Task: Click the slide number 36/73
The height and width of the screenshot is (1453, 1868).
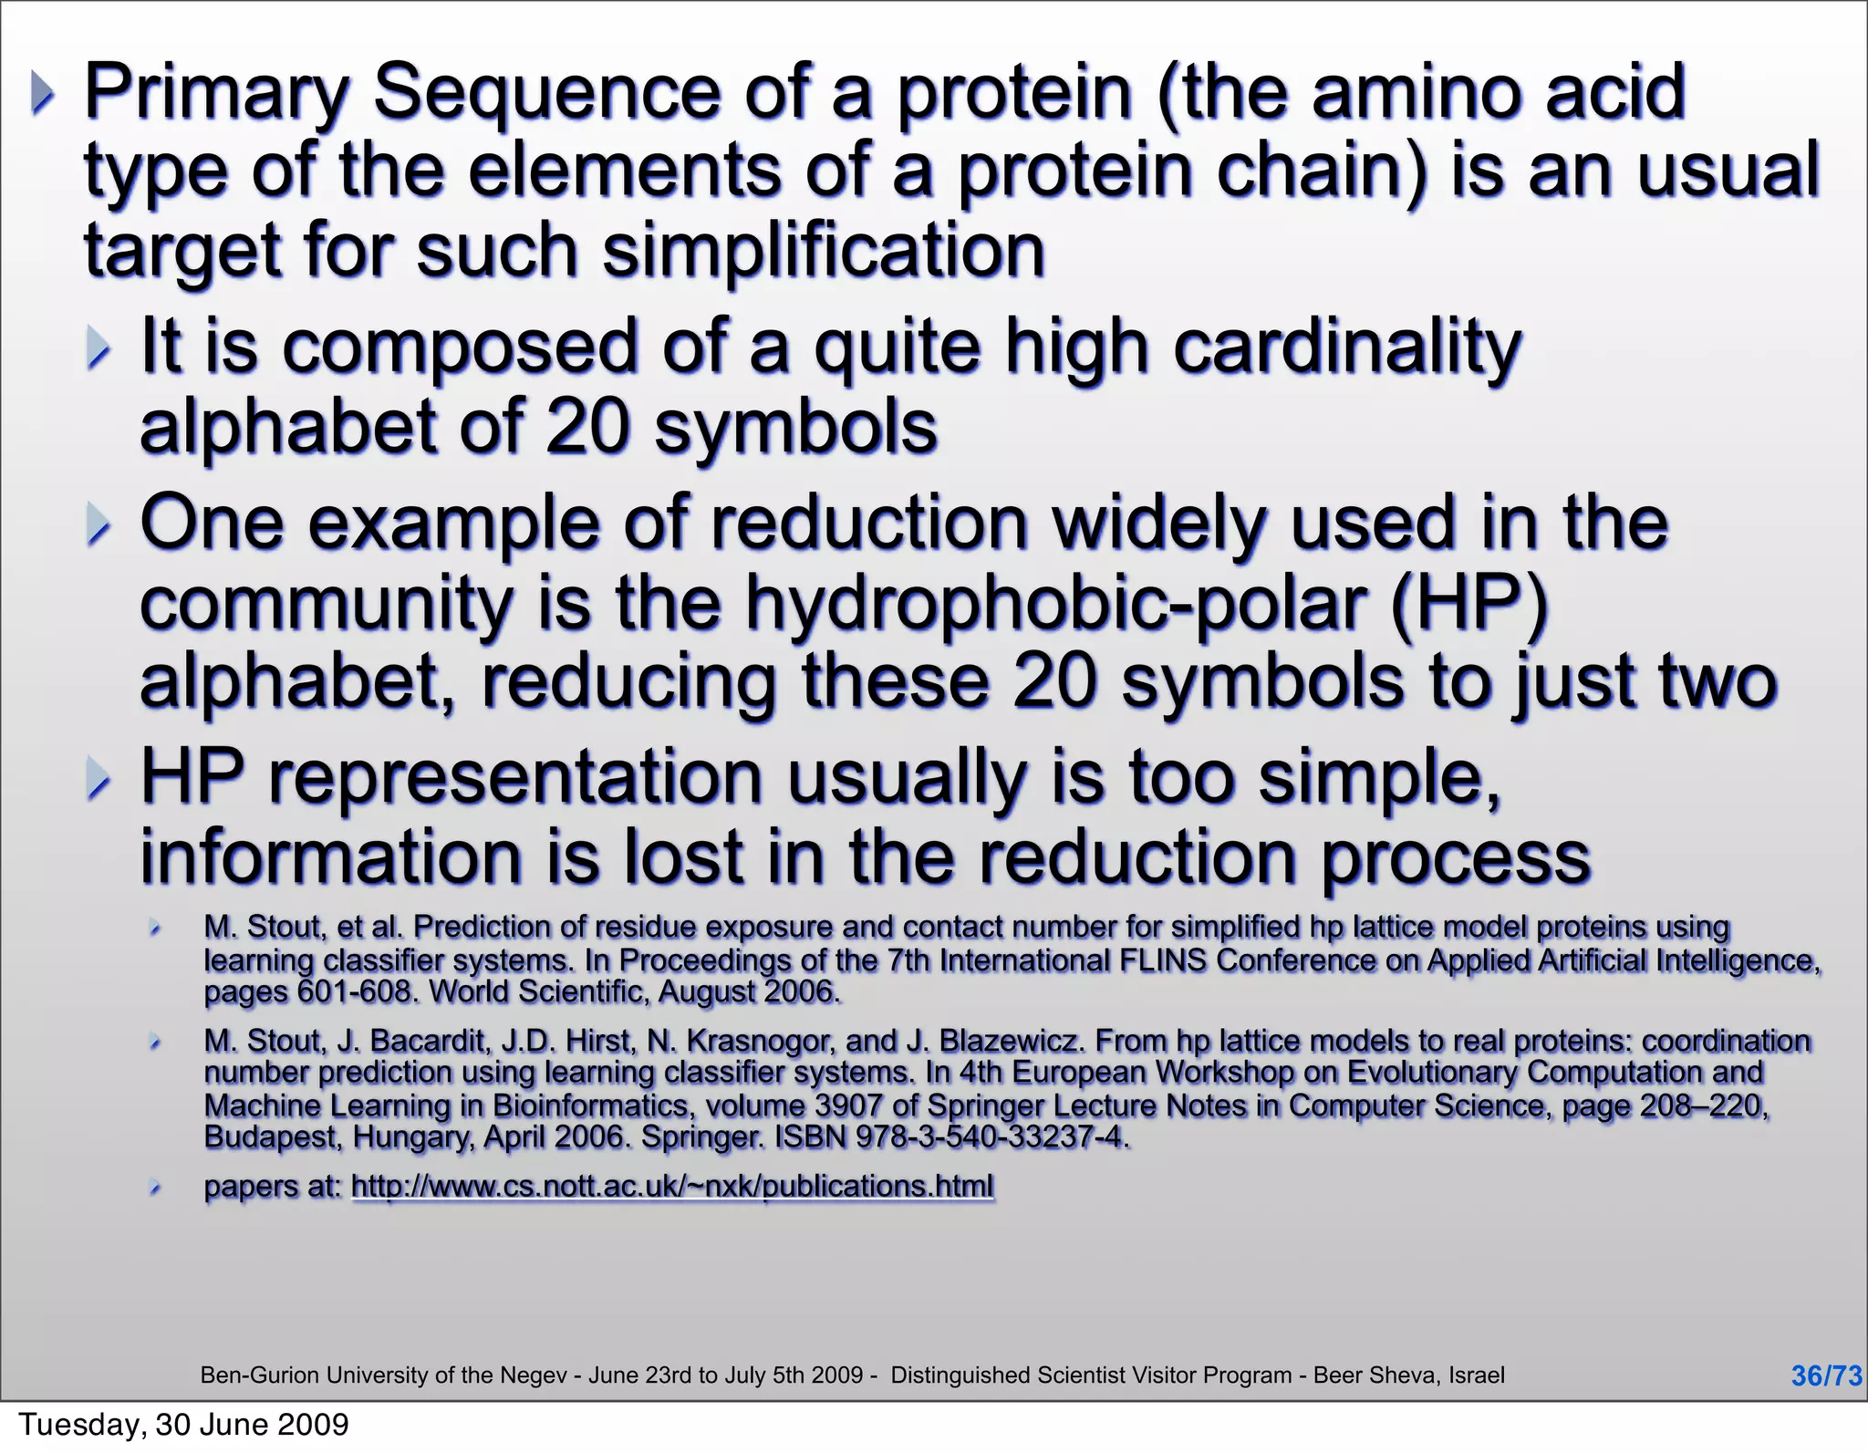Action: click(1826, 1375)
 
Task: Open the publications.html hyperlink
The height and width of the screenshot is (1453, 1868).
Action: click(672, 1186)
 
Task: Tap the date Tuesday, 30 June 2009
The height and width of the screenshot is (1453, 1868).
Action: click(183, 1424)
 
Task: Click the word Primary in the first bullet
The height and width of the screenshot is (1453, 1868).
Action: click(216, 93)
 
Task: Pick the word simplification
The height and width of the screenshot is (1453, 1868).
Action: click(823, 252)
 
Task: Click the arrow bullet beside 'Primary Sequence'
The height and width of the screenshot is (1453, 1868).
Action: click(42, 93)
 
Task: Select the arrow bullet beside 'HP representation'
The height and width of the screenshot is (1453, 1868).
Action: click(98, 780)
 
